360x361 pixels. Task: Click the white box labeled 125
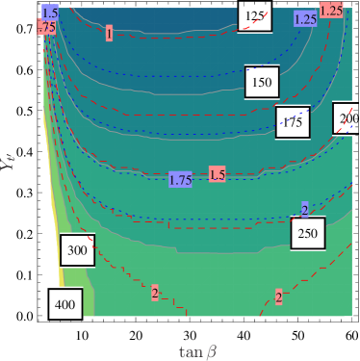pyautogui.click(x=255, y=15)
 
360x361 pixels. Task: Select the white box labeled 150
pyautogui.click(x=261, y=82)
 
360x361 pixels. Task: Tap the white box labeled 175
pyautogui.click(x=291, y=120)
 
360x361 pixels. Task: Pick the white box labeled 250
pyautogui.click(x=307, y=233)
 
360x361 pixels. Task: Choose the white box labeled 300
pyautogui.click(x=77, y=250)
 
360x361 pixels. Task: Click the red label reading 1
pyautogui.click(x=110, y=34)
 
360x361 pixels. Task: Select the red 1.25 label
pyautogui.click(x=331, y=10)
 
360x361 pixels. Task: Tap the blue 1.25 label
pyautogui.click(x=306, y=18)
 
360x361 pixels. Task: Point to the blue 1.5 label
pyautogui.click(x=50, y=13)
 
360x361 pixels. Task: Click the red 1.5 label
pyautogui.click(x=218, y=174)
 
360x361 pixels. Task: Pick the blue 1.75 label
pyautogui.click(x=180, y=179)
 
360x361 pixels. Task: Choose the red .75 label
pyautogui.click(x=44, y=29)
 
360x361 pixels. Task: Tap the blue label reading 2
pyautogui.click(x=304, y=210)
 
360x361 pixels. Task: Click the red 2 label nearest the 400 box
pyautogui.click(x=154, y=293)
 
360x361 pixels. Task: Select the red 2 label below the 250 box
pyautogui.click(x=279, y=297)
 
